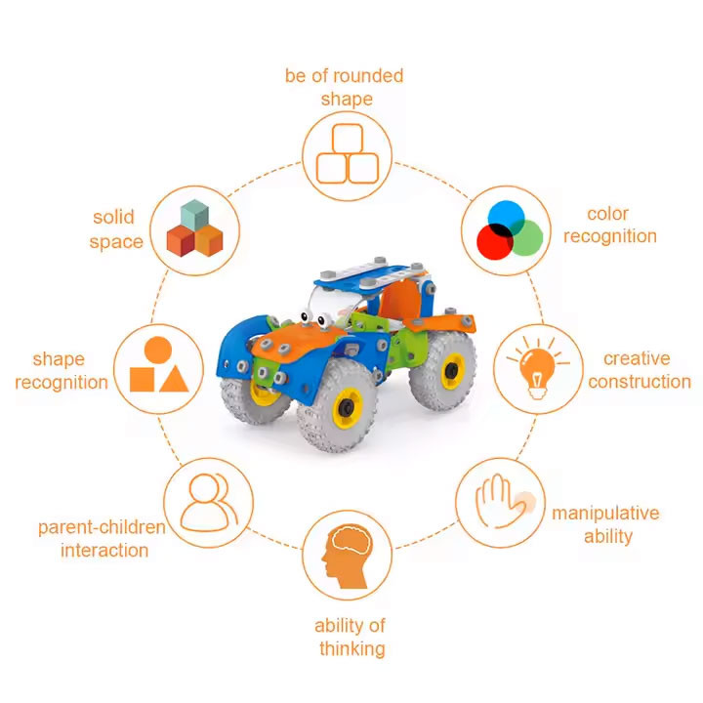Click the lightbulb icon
tap(538, 369)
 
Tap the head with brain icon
tap(347, 557)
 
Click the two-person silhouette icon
tap(209, 503)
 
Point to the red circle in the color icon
tap(494, 242)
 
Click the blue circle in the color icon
tap(506, 219)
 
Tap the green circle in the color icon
tap(525, 238)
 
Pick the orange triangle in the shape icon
tap(174, 380)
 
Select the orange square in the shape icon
tap(143, 380)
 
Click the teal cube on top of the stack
tap(194, 214)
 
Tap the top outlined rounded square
tap(348, 139)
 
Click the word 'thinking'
tap(352, 648)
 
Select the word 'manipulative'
tap(605, 513)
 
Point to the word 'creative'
tap(637, 358)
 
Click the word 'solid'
tap(113, 217)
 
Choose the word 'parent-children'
tap(102, 527)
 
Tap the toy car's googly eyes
tap(315, 318)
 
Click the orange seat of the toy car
tap(400, 299)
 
